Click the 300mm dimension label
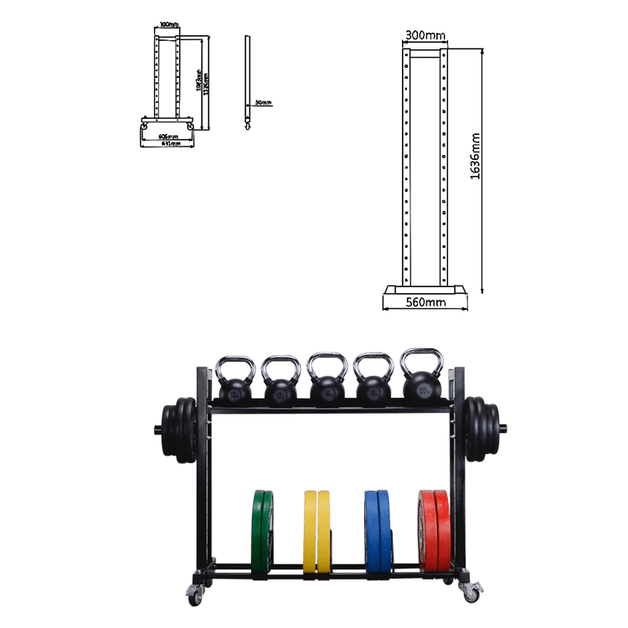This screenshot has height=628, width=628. click(x=425, y=36)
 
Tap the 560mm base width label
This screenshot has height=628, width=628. click(x=425, y=302)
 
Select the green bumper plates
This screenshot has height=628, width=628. click(x=262, y=533)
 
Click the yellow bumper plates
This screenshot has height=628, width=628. click(x=316, y=533)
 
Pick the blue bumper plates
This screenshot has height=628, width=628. click(x=378, y=533)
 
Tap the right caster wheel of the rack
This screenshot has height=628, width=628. click(x=471, y=594)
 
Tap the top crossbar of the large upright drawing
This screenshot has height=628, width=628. click(x=425, y=53)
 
